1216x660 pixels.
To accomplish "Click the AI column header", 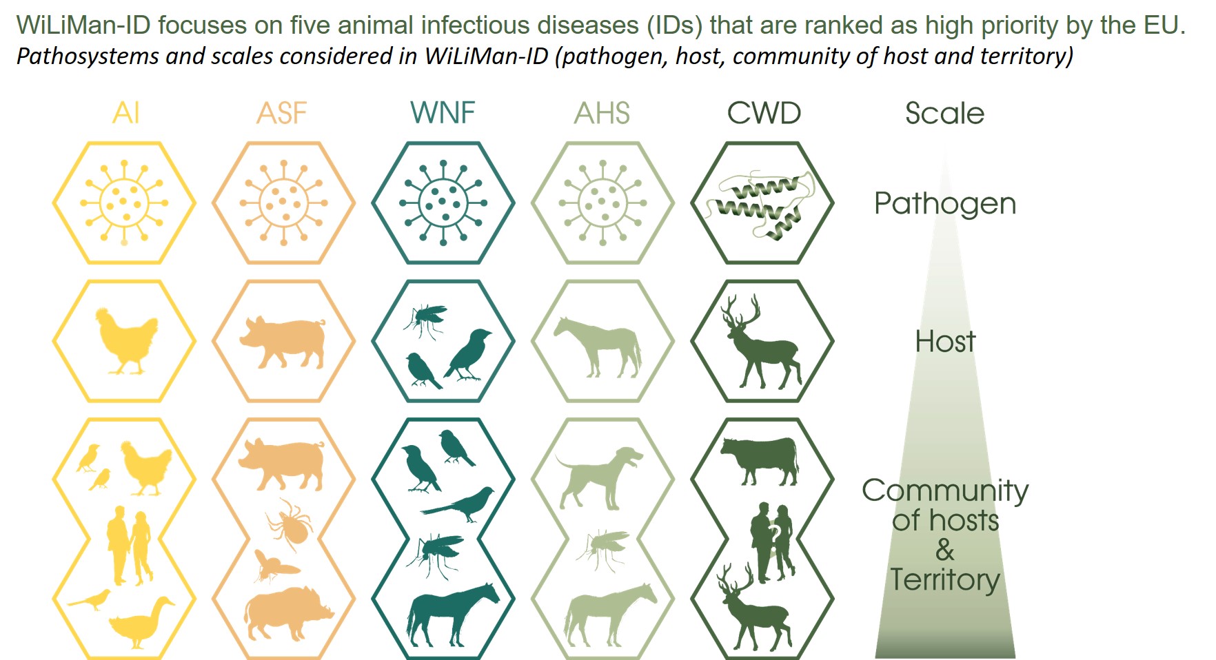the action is pos(126,113).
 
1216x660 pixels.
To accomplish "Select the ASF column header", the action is pos(282,113).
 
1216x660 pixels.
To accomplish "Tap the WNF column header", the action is pos(443,113).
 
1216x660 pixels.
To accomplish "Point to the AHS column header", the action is pos(602,113).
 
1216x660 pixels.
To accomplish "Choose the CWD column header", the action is pos(764,113).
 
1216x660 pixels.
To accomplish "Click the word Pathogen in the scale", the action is pos(945,204).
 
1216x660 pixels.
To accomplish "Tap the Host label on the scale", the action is pos(945,341).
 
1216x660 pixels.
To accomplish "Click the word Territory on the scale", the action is pos(944,580).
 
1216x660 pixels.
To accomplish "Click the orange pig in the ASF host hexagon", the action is pos(283,342).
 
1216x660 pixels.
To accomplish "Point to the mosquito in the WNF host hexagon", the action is pos(424,320).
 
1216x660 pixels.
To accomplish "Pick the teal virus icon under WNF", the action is pos(443,203).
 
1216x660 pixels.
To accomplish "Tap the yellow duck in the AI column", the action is pos(141,623).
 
